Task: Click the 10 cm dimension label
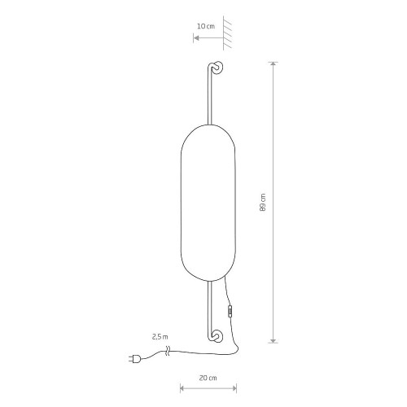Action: point(206,26)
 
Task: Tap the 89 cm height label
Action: point(263,203)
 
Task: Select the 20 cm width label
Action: point(208,378)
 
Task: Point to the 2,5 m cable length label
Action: point(160,337)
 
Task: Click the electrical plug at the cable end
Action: point(134,359)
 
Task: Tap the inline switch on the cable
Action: point(230,312)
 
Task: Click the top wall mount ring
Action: point(217,68)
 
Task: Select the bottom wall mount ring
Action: point(217,336)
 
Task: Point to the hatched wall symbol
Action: point(227,33)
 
